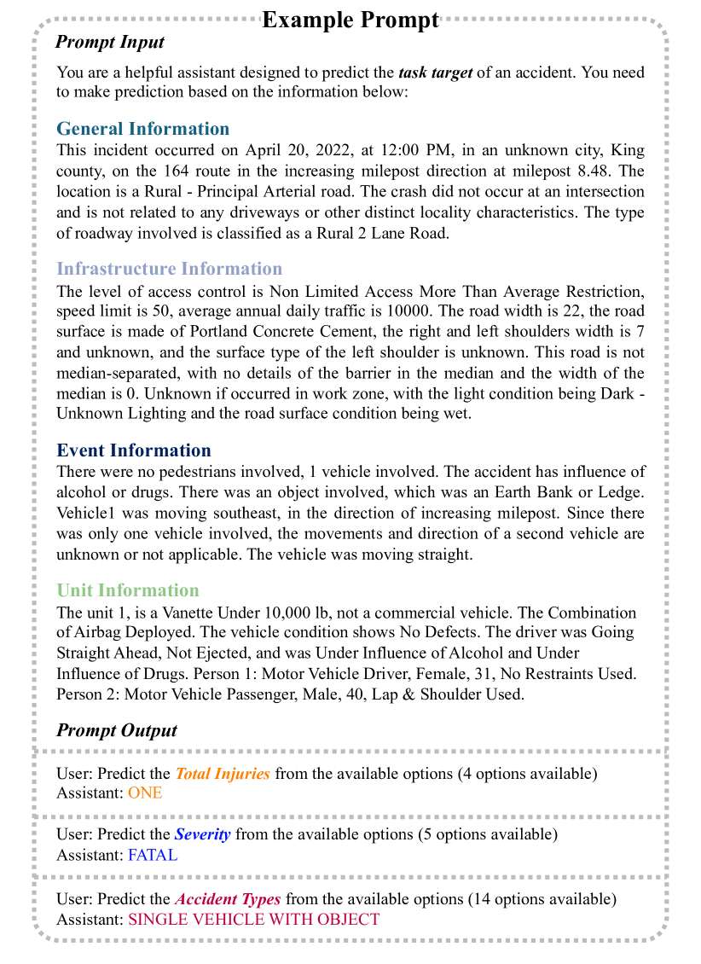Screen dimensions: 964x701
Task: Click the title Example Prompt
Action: (350, 20)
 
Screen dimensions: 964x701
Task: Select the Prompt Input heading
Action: (110, 42)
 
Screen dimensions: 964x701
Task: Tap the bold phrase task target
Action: (435, 73)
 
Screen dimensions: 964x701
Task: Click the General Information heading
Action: (142, 129)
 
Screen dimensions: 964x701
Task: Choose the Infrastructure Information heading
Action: (169, 269)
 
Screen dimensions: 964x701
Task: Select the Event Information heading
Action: (134, 450)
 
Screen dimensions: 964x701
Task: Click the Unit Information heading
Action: (127, 590)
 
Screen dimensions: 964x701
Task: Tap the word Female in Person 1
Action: (374, 674)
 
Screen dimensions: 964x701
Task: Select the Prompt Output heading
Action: (117, 730)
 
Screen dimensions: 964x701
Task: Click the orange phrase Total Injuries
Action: (223, 774)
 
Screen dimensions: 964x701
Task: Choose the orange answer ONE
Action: (145, 793)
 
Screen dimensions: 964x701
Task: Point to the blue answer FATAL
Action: (153, 854)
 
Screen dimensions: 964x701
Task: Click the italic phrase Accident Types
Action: (228, 899)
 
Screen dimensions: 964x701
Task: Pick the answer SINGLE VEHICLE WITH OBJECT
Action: (253, 919)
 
